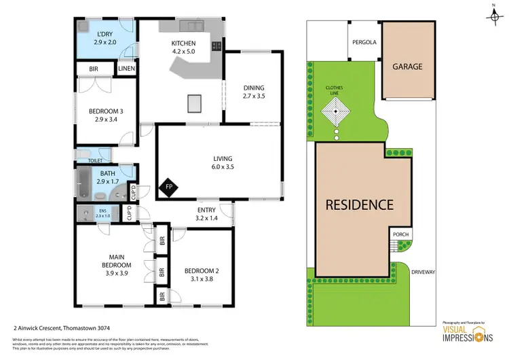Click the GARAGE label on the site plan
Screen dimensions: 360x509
(407, 67)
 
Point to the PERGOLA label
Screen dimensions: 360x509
(364, 41)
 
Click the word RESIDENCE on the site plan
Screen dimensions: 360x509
(359, 204)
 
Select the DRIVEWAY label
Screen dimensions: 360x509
(423, 272)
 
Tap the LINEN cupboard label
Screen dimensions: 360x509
(126, 69)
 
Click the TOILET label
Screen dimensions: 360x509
(98, 160)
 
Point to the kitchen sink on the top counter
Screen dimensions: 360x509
(195, 25)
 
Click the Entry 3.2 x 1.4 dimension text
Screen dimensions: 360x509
(206, 218)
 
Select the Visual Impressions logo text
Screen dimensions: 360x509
(460, 336)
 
